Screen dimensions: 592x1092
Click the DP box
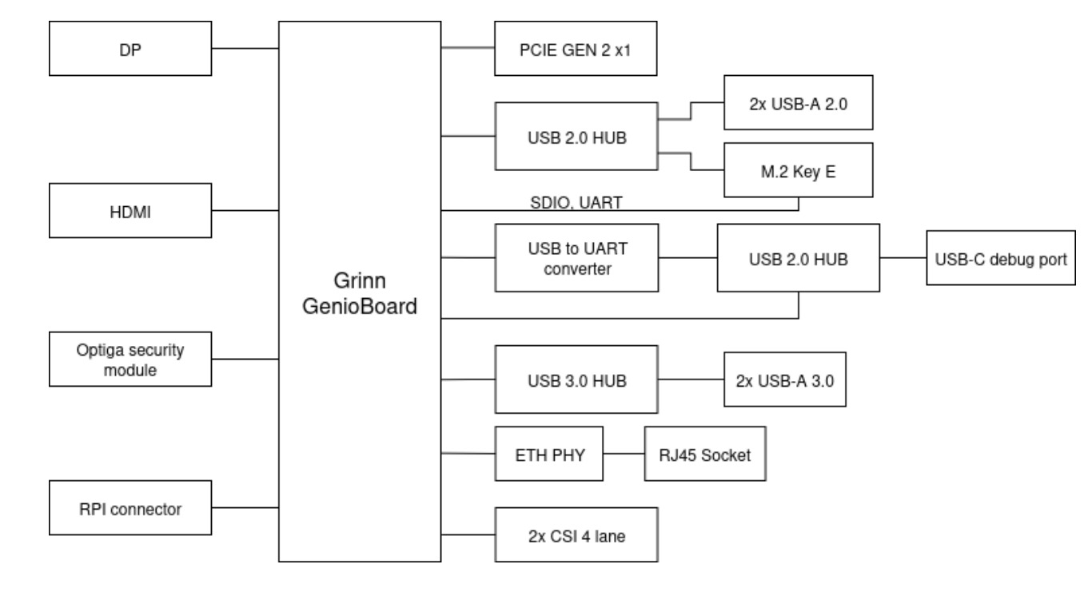131,49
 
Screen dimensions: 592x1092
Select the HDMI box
131,211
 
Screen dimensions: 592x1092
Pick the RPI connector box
131,508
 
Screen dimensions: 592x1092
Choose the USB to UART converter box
576,257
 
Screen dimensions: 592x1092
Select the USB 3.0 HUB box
576,379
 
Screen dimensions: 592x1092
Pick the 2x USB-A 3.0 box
784,379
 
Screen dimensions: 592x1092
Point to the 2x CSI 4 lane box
576,535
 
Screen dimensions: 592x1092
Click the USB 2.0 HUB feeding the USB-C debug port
798,257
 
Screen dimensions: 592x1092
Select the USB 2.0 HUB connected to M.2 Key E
576,136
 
